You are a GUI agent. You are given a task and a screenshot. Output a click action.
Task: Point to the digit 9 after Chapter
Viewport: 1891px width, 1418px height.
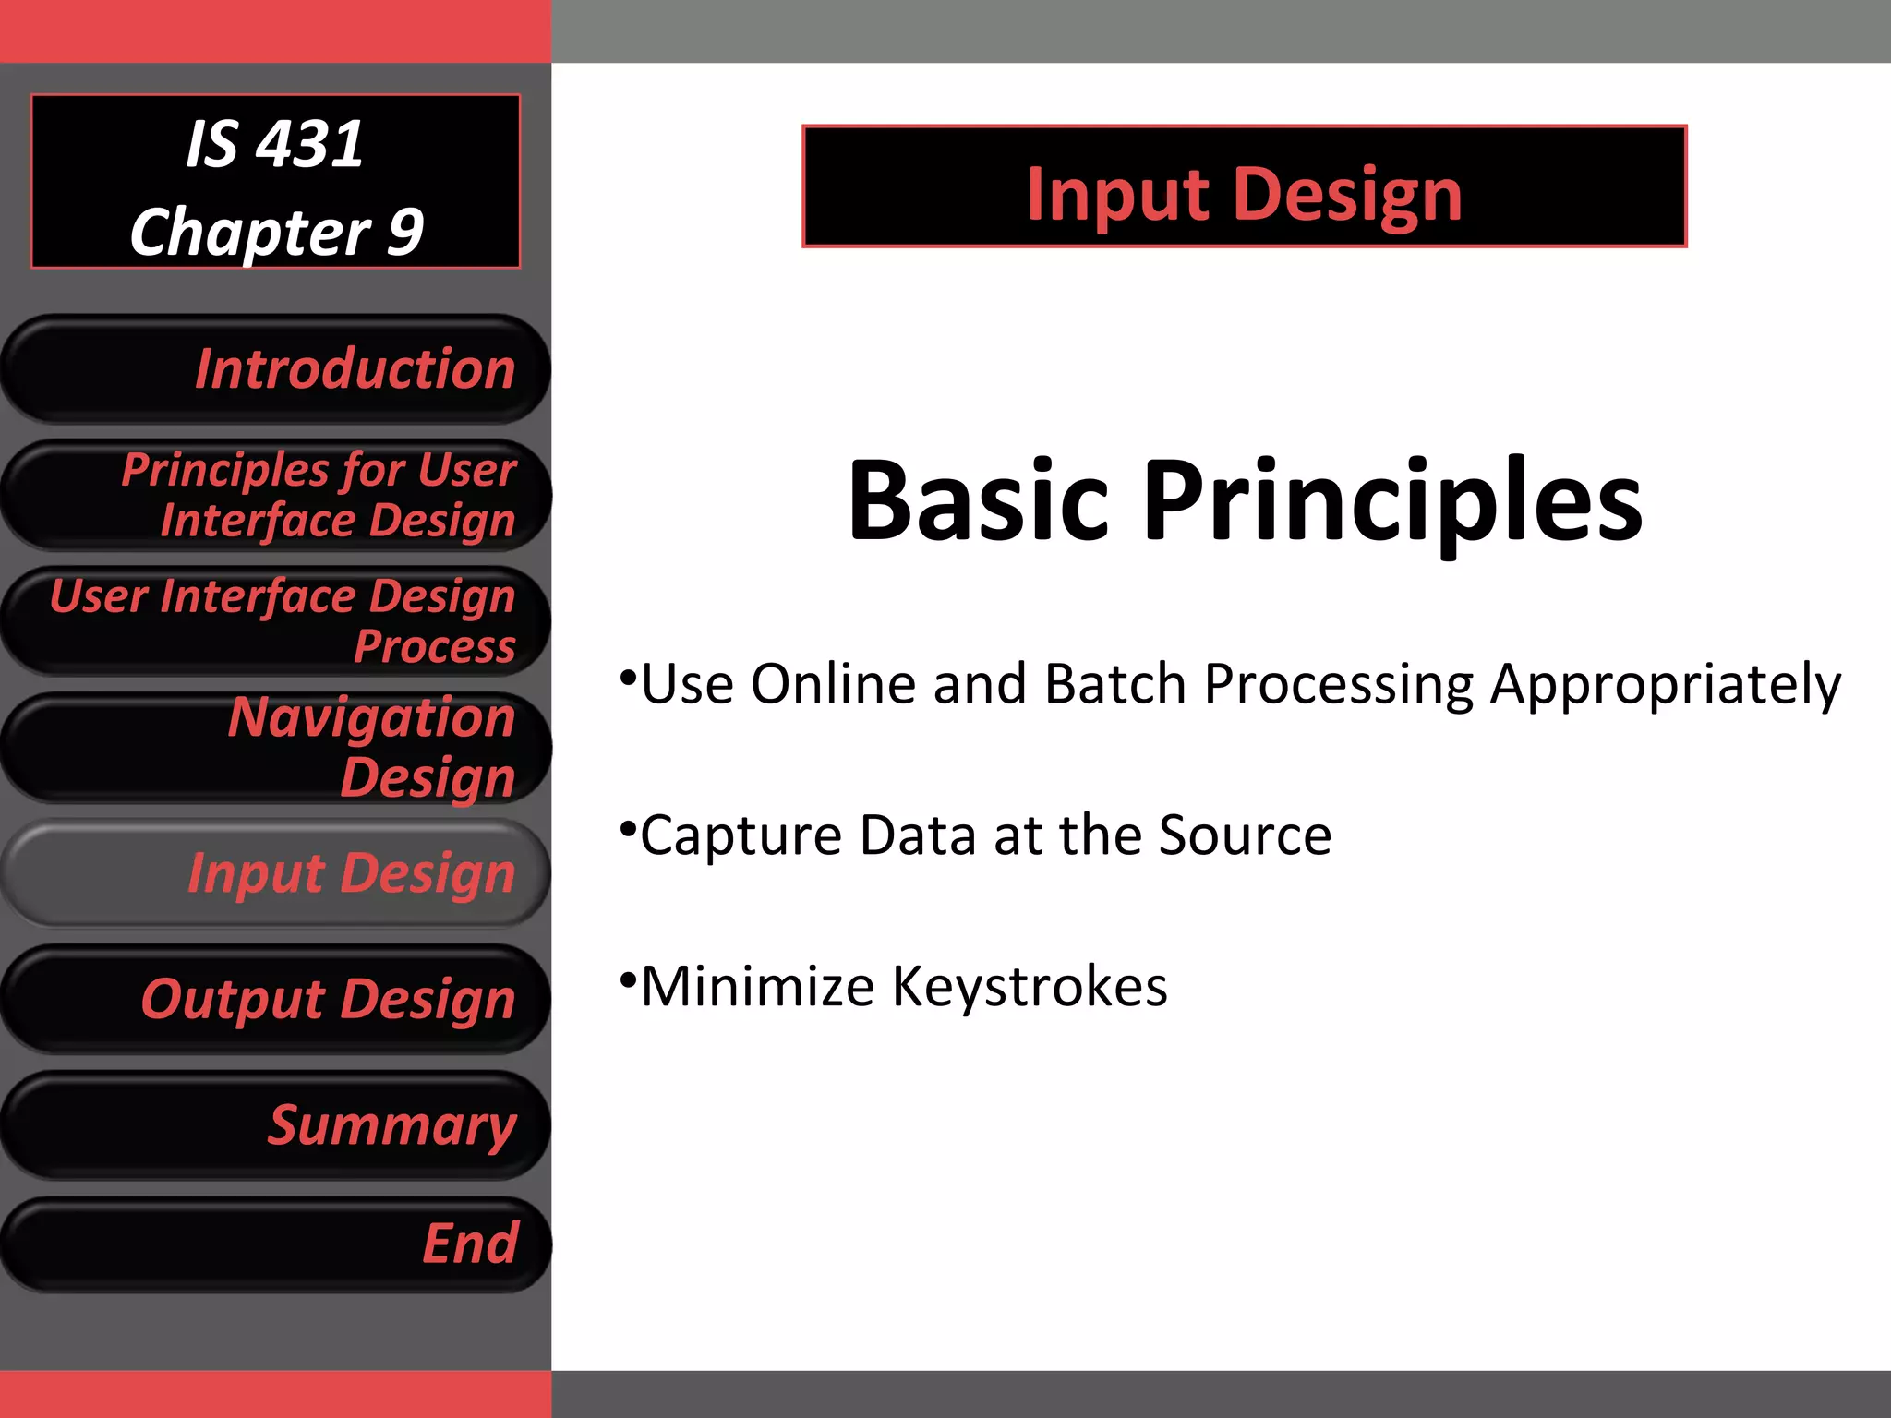click(405, 232)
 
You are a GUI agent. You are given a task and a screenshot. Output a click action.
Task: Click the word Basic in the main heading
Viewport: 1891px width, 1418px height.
click(978, 501)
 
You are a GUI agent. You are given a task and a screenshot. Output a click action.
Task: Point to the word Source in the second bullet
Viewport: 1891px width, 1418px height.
click(1245, 835)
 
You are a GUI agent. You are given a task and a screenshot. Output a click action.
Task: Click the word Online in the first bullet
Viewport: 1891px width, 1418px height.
click(834, 685)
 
